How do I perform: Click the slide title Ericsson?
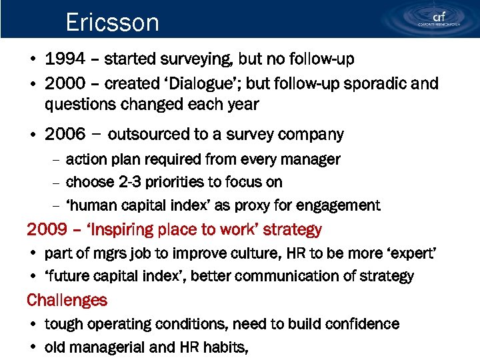click(112, 23)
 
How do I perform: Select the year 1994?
click(65, 59)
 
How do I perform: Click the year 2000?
click(65, 83)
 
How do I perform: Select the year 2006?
click(65, 134)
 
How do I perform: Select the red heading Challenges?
click(67, 300)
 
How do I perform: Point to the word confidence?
click(361, 324)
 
